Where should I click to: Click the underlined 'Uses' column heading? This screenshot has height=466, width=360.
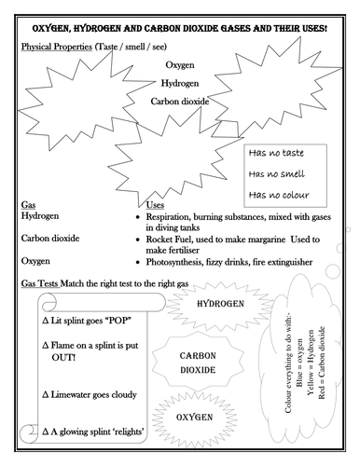[159, 204]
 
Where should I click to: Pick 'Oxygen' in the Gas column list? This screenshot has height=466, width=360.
[35, 261]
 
